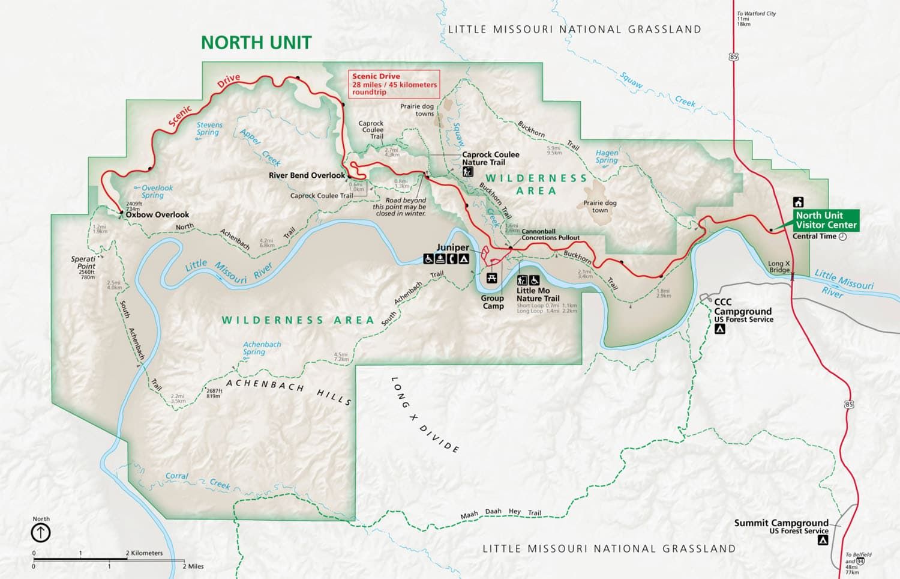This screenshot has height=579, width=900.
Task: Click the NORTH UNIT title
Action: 256,43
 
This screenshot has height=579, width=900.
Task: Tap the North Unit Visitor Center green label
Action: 826,220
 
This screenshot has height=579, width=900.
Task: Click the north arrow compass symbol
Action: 41,532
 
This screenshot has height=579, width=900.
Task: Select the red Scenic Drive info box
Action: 394,84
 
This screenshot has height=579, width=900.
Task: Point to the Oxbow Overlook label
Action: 157,214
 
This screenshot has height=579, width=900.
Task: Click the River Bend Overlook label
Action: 307,175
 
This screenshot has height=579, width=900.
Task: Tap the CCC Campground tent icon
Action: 720,329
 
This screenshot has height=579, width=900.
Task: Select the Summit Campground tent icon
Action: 823,540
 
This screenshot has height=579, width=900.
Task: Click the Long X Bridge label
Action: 779,267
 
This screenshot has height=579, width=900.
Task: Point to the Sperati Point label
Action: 83,262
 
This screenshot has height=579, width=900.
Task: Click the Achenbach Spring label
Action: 261,348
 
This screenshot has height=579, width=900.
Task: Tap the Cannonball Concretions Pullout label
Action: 550,234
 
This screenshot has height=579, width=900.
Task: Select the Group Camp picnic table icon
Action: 492,278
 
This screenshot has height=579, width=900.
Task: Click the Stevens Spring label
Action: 209,129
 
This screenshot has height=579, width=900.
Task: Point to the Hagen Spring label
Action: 607,157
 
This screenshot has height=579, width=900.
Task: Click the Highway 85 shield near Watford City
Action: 734,56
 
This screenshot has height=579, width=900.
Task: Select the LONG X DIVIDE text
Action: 425,414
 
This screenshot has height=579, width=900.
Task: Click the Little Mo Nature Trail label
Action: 538,294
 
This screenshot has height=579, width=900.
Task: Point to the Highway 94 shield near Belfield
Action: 860,561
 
